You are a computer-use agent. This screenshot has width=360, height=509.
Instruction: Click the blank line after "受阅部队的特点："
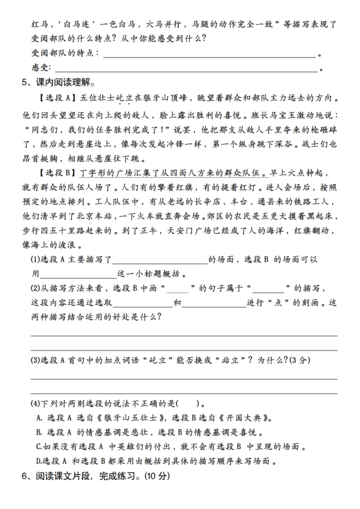210,54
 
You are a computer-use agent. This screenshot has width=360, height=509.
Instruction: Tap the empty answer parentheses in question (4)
188,404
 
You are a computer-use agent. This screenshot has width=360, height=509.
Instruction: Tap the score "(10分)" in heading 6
158,477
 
